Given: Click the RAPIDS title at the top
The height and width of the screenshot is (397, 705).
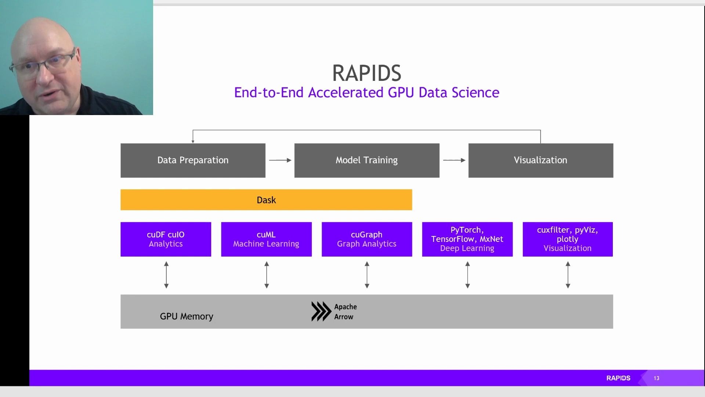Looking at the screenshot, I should point(366,73).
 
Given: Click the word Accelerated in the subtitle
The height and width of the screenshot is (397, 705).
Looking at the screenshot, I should point(346,93).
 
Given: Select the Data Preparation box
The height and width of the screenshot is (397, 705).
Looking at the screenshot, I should point(193,160).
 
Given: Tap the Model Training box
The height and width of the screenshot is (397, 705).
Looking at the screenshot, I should point(366,160).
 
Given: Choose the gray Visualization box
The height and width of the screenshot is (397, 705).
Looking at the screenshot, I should point(540,160).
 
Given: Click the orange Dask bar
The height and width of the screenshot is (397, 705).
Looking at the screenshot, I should point(266,200).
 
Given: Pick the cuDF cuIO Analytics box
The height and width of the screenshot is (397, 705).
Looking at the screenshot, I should point(166,239).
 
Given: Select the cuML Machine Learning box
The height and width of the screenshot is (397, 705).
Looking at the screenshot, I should point(266,239).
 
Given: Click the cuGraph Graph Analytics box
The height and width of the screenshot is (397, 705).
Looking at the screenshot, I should point(366,239).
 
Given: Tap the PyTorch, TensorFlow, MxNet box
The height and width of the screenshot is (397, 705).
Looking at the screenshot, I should point(467,239).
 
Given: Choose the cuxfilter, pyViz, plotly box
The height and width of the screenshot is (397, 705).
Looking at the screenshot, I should point(567,239).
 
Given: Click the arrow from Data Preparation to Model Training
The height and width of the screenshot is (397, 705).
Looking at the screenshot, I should point(280,160).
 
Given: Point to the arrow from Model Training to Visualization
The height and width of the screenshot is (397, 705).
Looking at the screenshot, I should point(454,160).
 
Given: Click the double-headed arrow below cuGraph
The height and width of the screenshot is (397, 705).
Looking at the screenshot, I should point(367,275).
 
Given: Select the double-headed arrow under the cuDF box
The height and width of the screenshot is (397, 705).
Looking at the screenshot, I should point(166,275).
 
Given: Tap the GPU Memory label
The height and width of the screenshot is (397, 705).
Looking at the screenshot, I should point(187,316).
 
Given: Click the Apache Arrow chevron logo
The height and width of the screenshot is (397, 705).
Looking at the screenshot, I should point(321,311).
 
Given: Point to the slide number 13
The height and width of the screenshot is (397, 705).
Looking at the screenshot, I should point(656,378).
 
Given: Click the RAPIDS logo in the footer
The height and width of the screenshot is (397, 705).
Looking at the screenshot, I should point(618,378).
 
